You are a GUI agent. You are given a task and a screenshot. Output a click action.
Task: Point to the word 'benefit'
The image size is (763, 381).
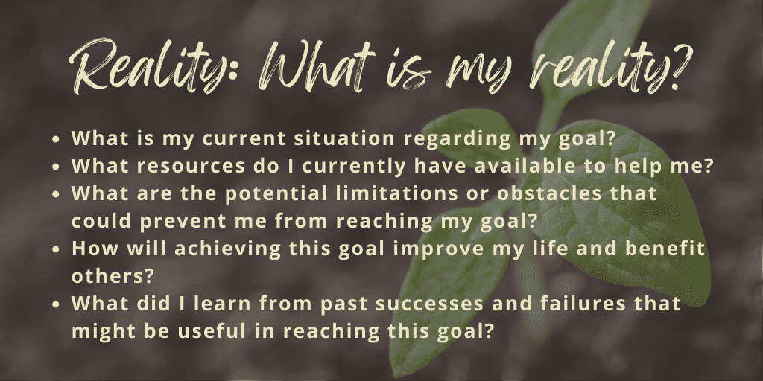(662, 248)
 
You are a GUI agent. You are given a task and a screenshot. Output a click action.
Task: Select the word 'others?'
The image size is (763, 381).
(110, 275)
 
